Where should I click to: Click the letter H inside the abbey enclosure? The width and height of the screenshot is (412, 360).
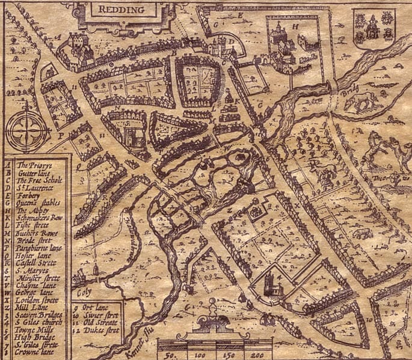(294, 26)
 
